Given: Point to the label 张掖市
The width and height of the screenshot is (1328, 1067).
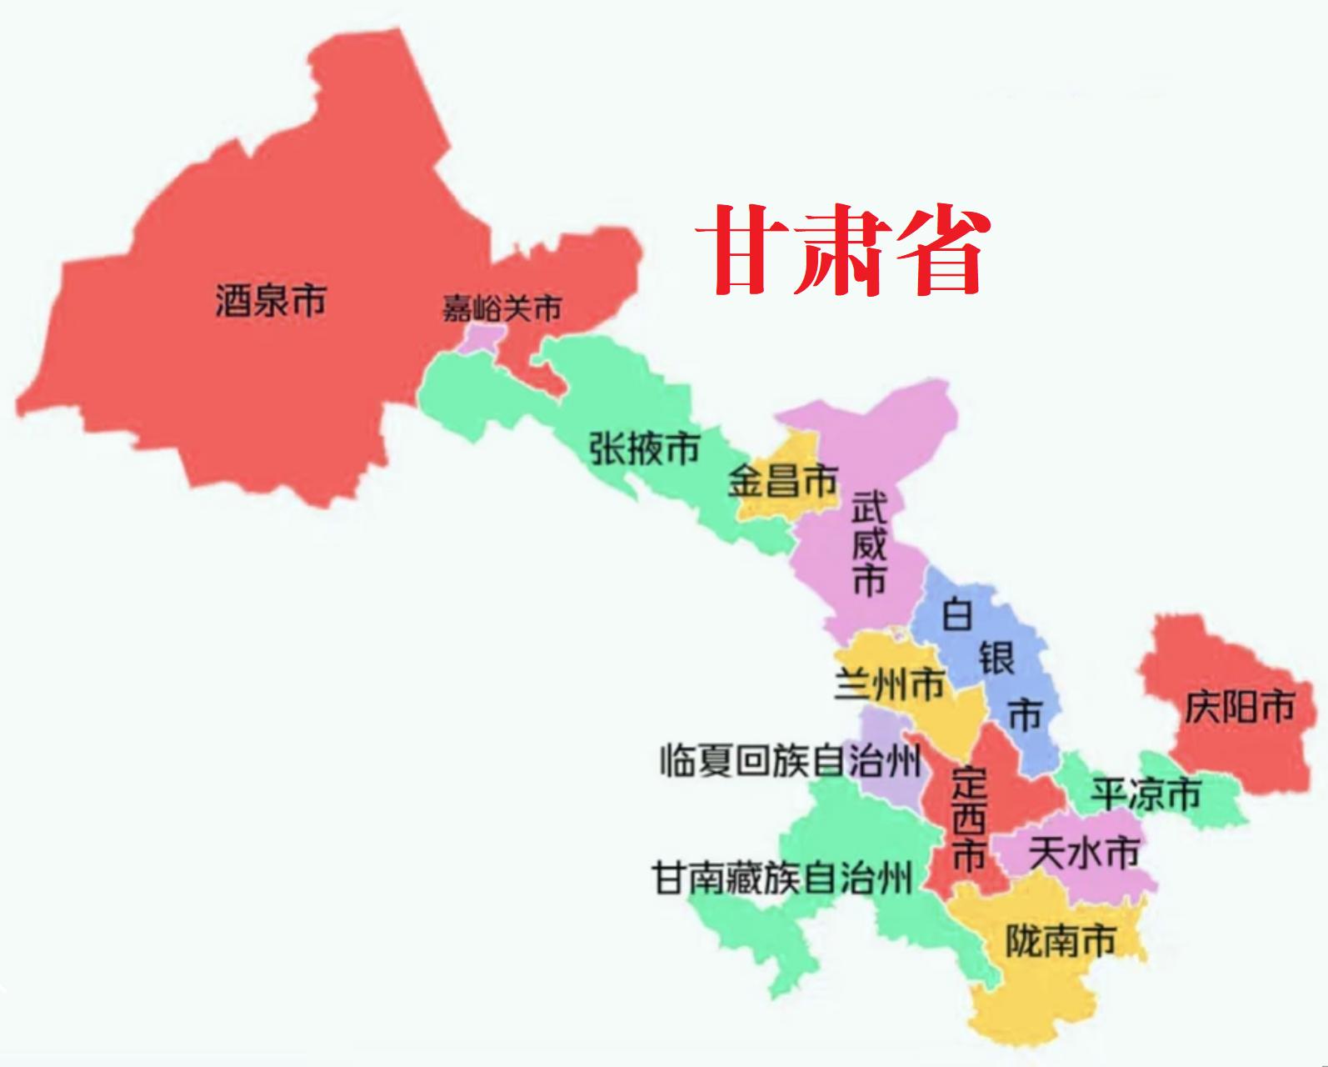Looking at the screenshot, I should [644, 449].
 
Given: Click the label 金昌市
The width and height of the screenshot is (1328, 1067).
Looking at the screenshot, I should [782, 481].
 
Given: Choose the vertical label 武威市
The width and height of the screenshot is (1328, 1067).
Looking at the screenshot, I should [869, 543].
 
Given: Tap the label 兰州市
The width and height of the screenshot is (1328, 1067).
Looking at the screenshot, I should [889, 684].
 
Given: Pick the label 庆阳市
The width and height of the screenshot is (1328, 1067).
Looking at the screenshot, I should [1240, 708].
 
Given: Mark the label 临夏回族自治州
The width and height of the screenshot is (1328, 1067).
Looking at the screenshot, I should [791, 760].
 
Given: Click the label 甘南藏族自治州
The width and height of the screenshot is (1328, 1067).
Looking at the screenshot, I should [782, 878].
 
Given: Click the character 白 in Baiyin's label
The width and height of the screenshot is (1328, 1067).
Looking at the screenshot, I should [957, 616].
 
